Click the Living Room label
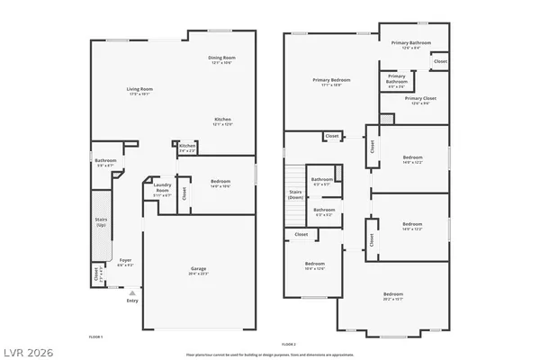click(139, 90)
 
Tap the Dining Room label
click(222, 60)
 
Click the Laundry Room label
click(162, 188)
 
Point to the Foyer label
click(125, 262)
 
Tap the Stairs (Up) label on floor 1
click(101, 221)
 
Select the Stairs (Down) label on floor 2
click(295, 193)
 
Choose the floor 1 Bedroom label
click(221, 184)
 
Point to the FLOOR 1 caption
click(95, 336)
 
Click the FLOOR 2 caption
click(288, 344)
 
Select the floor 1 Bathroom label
click(105, 163)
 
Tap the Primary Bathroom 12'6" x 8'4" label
click(411, 45)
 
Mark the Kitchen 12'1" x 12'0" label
click(223, 121)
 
